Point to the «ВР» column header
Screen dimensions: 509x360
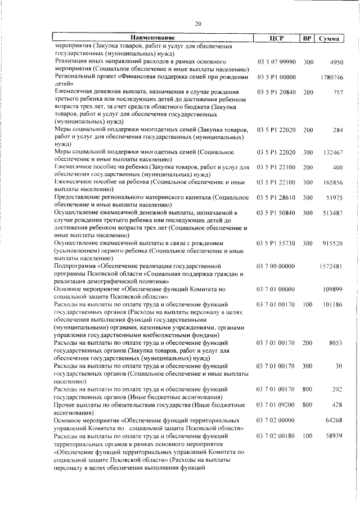pos(307,38)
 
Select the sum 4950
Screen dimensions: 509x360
pos(335,61)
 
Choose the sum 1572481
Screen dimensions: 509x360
pos(331,266)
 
